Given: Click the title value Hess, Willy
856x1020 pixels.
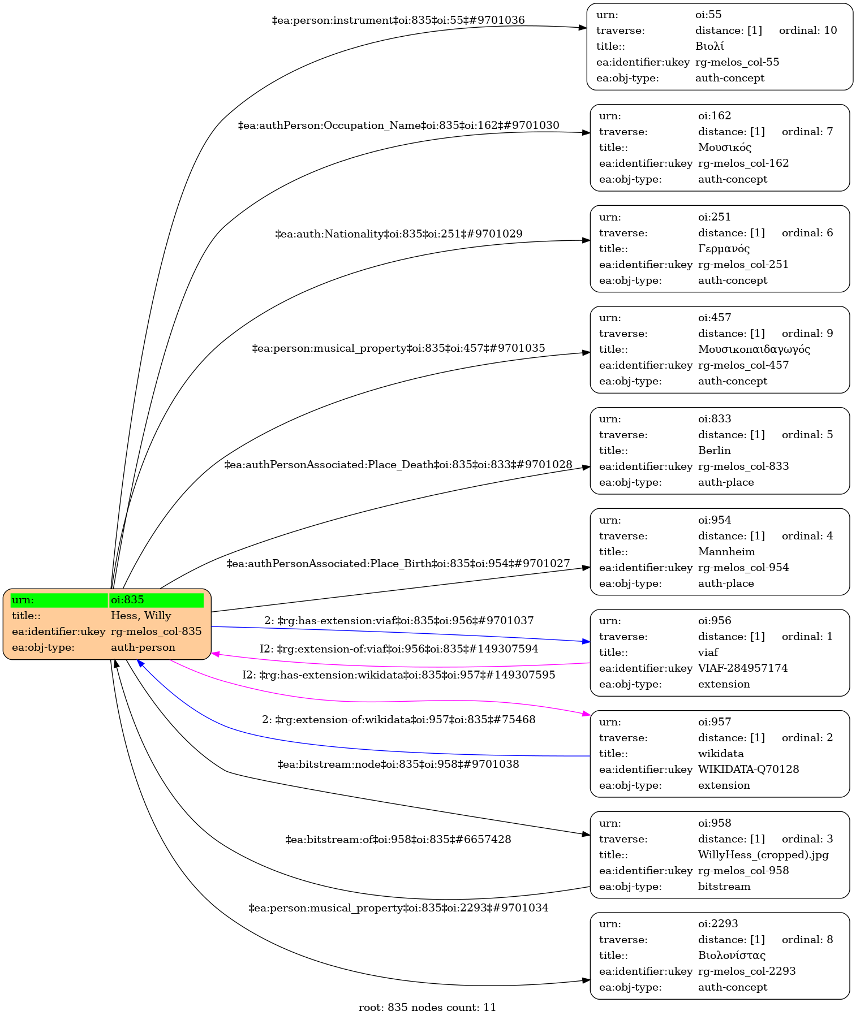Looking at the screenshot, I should (x=141, y=616).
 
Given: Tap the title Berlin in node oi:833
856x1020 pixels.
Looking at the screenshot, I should (x=714, y=451).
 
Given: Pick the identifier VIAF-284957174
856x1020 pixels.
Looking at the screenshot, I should (x=742, y=668).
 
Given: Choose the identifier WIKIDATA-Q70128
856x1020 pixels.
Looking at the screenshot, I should (x=748, y=770).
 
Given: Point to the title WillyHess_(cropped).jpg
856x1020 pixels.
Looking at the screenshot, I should (x=763, y=855).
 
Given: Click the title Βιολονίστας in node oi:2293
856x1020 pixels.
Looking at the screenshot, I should (x=732, y=956).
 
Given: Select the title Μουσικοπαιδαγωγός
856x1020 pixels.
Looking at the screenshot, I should (x=754, y=349).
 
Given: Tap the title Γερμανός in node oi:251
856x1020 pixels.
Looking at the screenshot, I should (x=724, y=249).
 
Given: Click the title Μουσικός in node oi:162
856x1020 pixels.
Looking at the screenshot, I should (x=724, y=148).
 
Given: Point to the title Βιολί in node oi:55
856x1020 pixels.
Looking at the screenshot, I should (x=709, y=46).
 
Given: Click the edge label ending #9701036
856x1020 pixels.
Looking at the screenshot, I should (x=398, y=20).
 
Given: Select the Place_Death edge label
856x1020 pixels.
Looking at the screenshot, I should (x=398, y=465).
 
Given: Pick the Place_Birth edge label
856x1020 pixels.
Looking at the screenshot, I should (x=398, y=564).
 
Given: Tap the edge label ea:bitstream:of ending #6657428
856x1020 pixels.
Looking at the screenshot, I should (x=398, y=840).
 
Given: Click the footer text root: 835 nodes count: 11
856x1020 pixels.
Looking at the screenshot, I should (x=427, y=1007).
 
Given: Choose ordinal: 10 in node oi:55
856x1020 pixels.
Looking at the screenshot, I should (x=807, y=31).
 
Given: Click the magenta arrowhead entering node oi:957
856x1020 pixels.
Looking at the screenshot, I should (x=586, y=715).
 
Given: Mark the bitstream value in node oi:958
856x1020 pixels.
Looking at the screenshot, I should (x=724, y=887).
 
